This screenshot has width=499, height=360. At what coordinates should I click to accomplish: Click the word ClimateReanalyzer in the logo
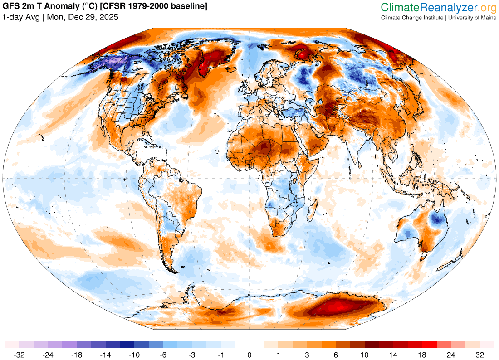tap(430, 8)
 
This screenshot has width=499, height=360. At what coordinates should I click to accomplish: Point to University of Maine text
tap(472, 18)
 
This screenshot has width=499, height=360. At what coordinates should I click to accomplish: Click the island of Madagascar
tap(313, 210)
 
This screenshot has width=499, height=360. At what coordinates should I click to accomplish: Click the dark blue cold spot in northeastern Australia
tap(437, 220)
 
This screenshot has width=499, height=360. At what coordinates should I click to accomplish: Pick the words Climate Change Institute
tap(412, 18)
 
